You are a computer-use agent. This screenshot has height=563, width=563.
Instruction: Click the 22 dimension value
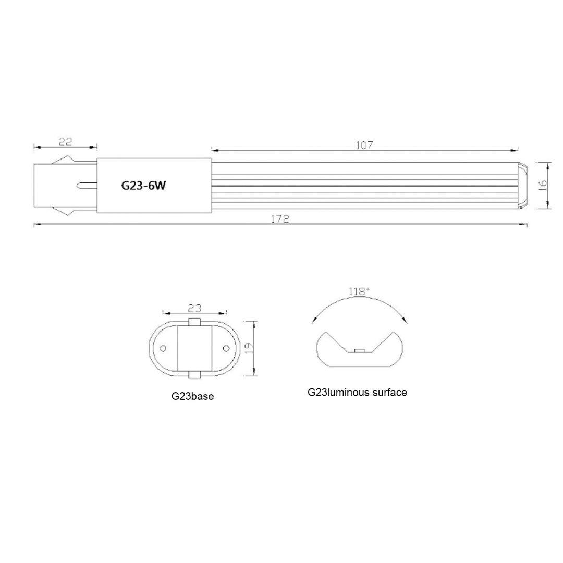click(x=65, y=141)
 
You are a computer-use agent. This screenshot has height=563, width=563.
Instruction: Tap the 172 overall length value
click(x=280, y=219)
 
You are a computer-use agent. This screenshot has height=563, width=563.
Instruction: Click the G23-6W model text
click(x=143, y=186)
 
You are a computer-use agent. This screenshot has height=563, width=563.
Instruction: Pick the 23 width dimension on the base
click(x=194, y=308)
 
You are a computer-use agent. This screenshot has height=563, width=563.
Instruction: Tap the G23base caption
click(x=192, y=396)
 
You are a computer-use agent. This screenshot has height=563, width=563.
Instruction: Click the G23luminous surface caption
click(x=357, y=392)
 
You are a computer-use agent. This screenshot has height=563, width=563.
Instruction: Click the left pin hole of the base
click(x=163, y=348)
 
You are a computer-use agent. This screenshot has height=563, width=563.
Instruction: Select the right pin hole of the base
click(x=226, y=348)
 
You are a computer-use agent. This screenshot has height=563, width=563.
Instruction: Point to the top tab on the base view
click(x=194, y=322)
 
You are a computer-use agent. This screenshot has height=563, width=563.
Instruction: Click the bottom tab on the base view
click(x=194, y=374)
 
